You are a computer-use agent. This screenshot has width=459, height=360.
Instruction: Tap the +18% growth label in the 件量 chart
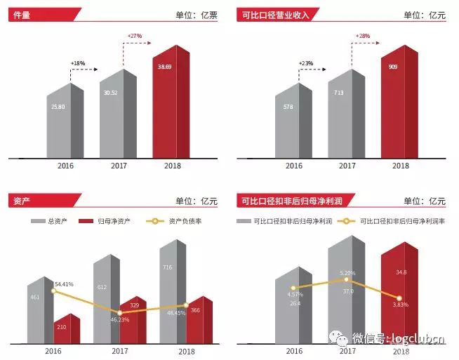click(77, 63)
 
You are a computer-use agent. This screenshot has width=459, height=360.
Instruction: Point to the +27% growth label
click(134, 36)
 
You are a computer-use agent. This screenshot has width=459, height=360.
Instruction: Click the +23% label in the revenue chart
click(305, 63)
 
